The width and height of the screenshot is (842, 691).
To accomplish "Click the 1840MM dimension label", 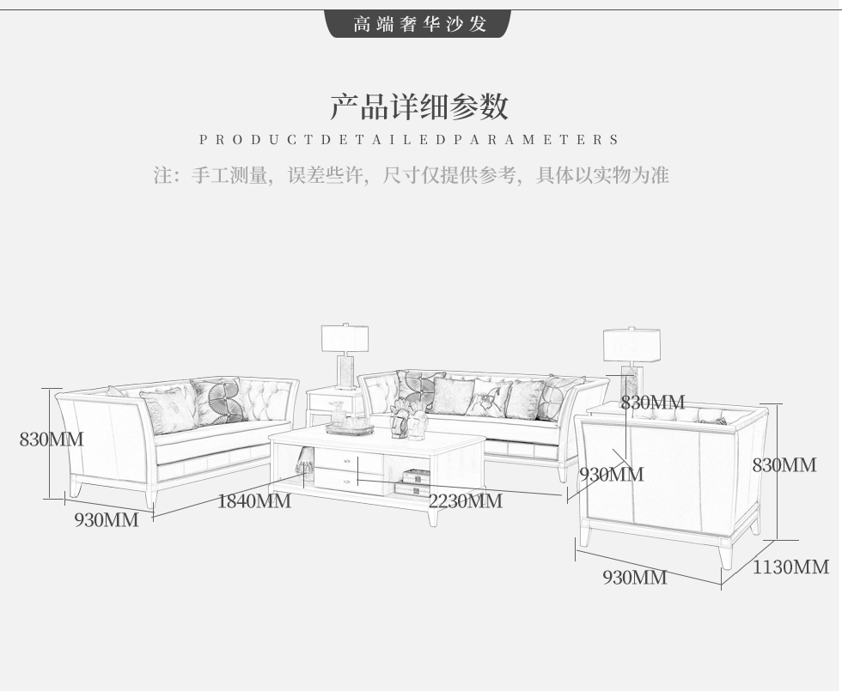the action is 254,501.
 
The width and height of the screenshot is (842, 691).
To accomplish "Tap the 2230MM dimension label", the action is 465,501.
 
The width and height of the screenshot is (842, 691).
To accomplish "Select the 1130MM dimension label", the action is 790,567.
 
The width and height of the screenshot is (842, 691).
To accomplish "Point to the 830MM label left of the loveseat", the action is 52,439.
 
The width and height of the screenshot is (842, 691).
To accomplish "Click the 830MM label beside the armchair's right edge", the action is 784,464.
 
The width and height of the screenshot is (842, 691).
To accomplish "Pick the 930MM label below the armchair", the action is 635,577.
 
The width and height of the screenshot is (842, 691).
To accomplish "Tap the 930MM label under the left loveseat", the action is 107,520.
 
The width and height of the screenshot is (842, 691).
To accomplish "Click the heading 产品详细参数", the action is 419,106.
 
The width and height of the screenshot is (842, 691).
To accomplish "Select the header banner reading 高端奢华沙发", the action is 419,24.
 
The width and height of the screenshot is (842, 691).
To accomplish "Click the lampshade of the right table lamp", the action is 631,345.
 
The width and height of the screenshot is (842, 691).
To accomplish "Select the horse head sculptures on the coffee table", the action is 409,419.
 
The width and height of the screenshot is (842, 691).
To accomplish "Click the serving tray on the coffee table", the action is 350,428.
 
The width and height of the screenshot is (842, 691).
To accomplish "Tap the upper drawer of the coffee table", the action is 348,459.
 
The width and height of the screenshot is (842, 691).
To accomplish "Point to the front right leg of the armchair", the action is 726,555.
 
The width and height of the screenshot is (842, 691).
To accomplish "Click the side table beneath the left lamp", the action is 335,404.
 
